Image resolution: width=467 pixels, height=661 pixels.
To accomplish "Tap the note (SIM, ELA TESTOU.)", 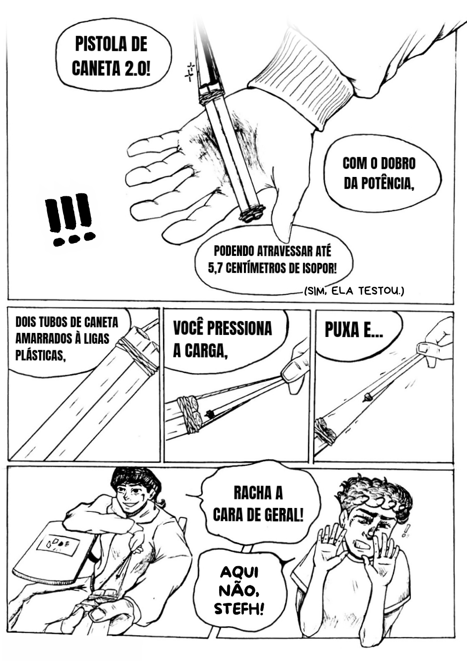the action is click(x=353, y=291).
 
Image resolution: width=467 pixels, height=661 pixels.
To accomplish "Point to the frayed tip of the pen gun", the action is click(x=251, y=214).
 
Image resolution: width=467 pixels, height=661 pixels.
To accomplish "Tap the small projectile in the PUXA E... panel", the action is click(x=368, y=397).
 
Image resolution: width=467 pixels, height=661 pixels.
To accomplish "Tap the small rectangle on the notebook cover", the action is click(x=58, y=542).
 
